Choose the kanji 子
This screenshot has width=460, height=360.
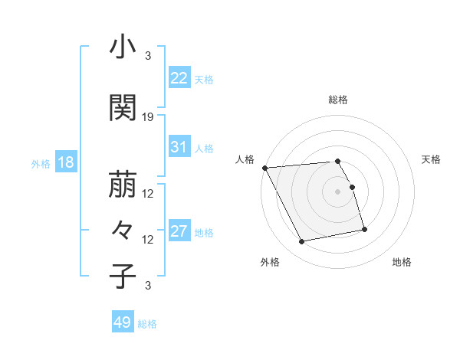click(123, 276)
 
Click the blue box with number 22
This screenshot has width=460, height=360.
click(179, 78)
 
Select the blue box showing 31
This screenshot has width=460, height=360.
click(179, 147)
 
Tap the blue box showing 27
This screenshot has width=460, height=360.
click(179, 231)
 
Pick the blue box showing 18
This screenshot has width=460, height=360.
click(65, 162)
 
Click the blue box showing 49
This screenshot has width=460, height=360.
click(123, 322)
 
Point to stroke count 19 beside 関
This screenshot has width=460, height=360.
click(149, 117)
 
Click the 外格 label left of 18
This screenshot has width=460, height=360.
click(41, 163)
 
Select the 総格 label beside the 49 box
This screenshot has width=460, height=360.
click(148, 323)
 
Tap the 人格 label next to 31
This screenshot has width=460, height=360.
click(204, 148)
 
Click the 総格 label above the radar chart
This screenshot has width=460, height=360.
click(338, 100)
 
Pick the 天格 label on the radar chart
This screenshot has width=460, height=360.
click(432, 159)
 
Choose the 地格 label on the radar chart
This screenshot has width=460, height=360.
click(402, 262)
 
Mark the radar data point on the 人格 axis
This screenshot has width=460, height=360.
click(264, 168)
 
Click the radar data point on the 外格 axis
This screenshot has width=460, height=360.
click(302, 242)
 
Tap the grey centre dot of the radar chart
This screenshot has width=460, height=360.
click(338, 191)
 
